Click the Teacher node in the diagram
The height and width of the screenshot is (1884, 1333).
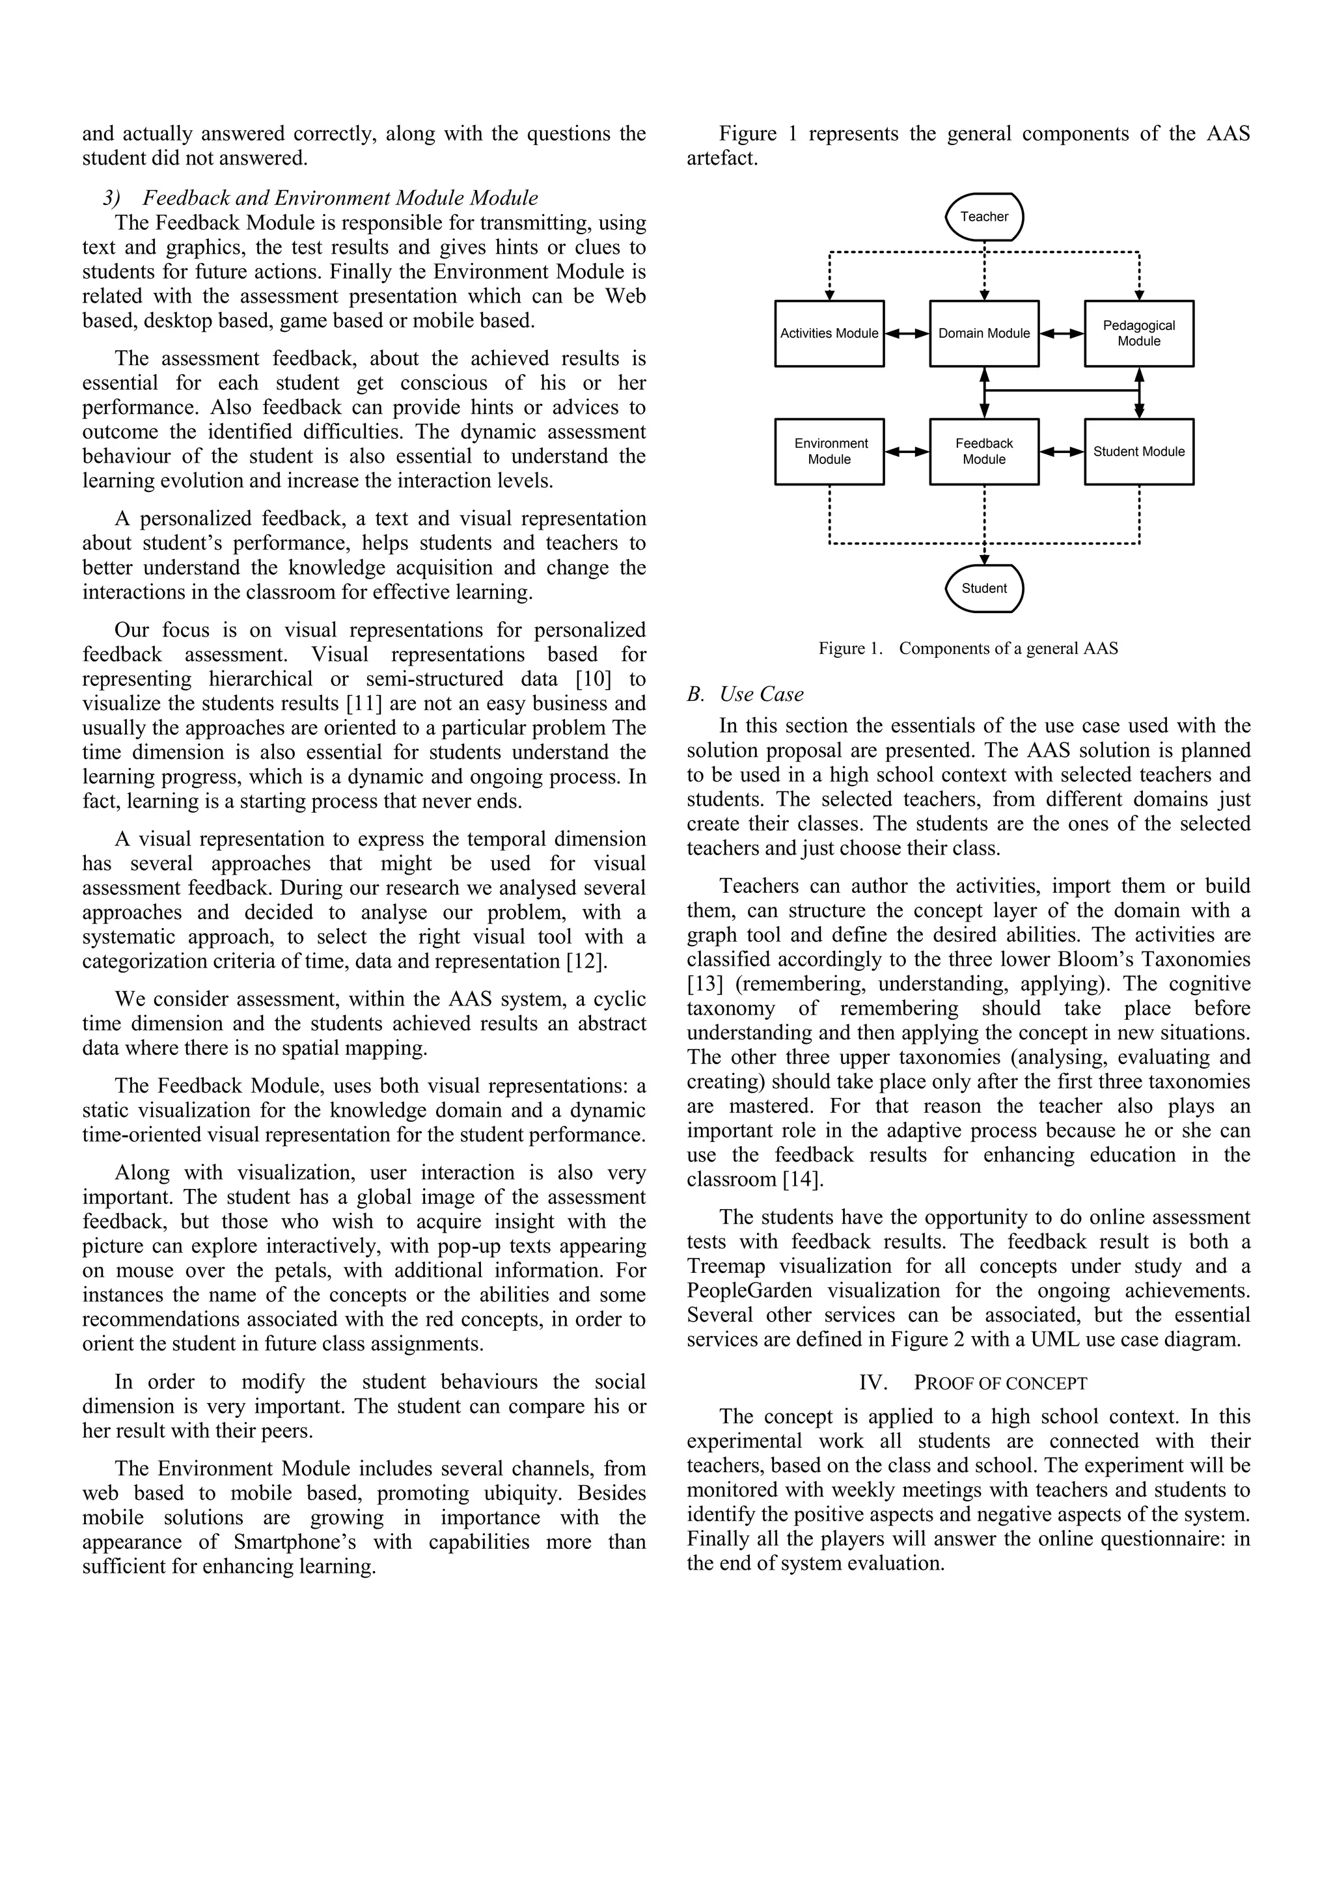(984, 217)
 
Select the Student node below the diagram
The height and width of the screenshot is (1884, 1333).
(984, 588)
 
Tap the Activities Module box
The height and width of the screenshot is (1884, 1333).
(829, 333)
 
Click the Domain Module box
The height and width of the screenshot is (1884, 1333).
(984, 333)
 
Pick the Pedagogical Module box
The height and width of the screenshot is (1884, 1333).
(1138, 333)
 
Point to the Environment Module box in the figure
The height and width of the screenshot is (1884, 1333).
(829, 451)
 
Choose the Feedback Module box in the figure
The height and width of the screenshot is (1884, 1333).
(984, 451)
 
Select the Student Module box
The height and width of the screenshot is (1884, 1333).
(1138, 451)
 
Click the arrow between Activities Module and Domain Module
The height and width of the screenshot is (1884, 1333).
(907, 334)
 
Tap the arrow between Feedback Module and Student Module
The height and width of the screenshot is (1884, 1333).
(1062, 451)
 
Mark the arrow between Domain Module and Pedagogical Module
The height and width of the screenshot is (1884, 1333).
(1062, 334)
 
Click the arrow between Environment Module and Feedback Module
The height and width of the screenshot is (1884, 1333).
(907, 451)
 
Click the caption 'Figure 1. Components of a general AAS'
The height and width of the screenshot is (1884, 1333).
(968, 648)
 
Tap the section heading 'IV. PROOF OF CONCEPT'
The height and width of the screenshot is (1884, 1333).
(972, 1383)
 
